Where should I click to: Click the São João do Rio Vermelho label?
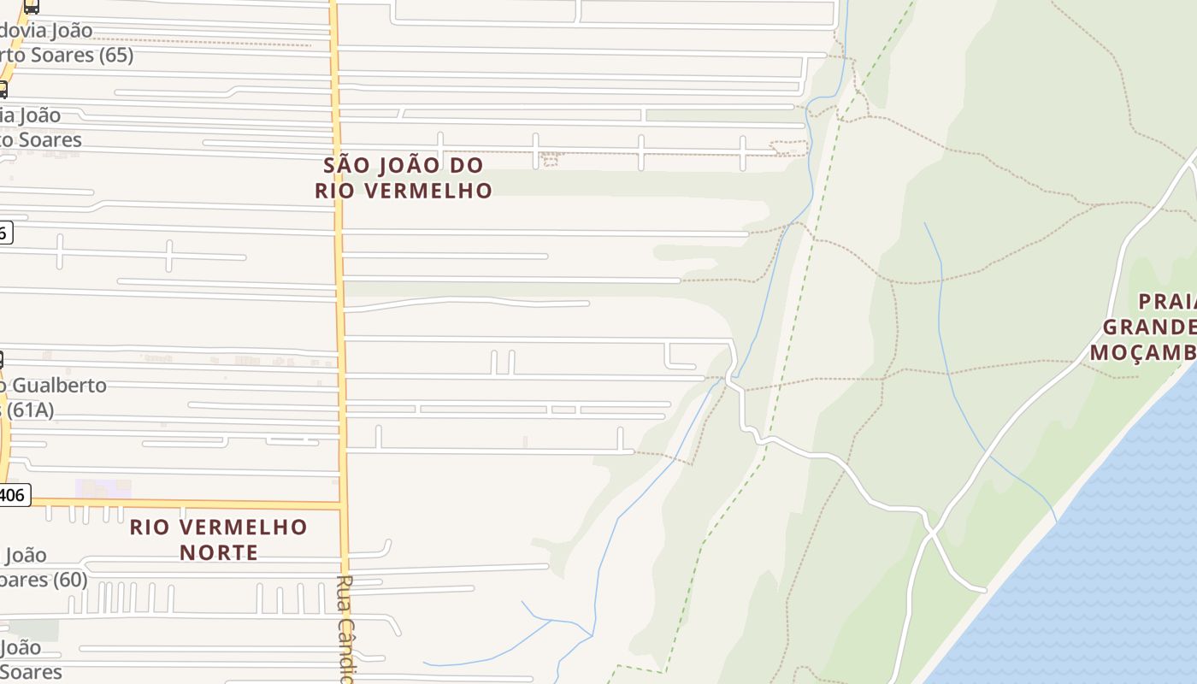(404, 177)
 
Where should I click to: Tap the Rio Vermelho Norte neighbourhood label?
(218, 539)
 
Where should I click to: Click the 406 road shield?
(14, 494)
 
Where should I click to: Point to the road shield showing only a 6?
(5, 232)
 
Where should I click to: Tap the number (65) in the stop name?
(109, 55)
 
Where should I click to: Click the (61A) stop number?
(29, 410)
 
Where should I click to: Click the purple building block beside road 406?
(103, 489)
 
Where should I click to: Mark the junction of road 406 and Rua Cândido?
(343, 504)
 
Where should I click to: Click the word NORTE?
(219, 552)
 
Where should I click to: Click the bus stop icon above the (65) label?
(31, 7)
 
